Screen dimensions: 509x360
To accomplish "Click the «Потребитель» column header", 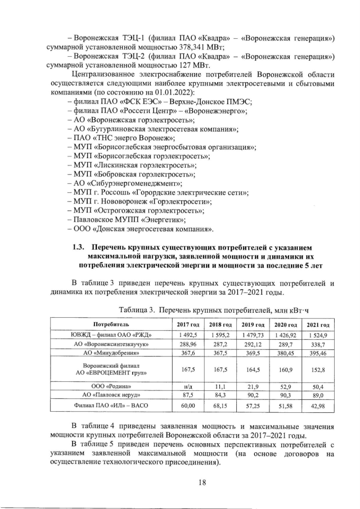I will (111, 325).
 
